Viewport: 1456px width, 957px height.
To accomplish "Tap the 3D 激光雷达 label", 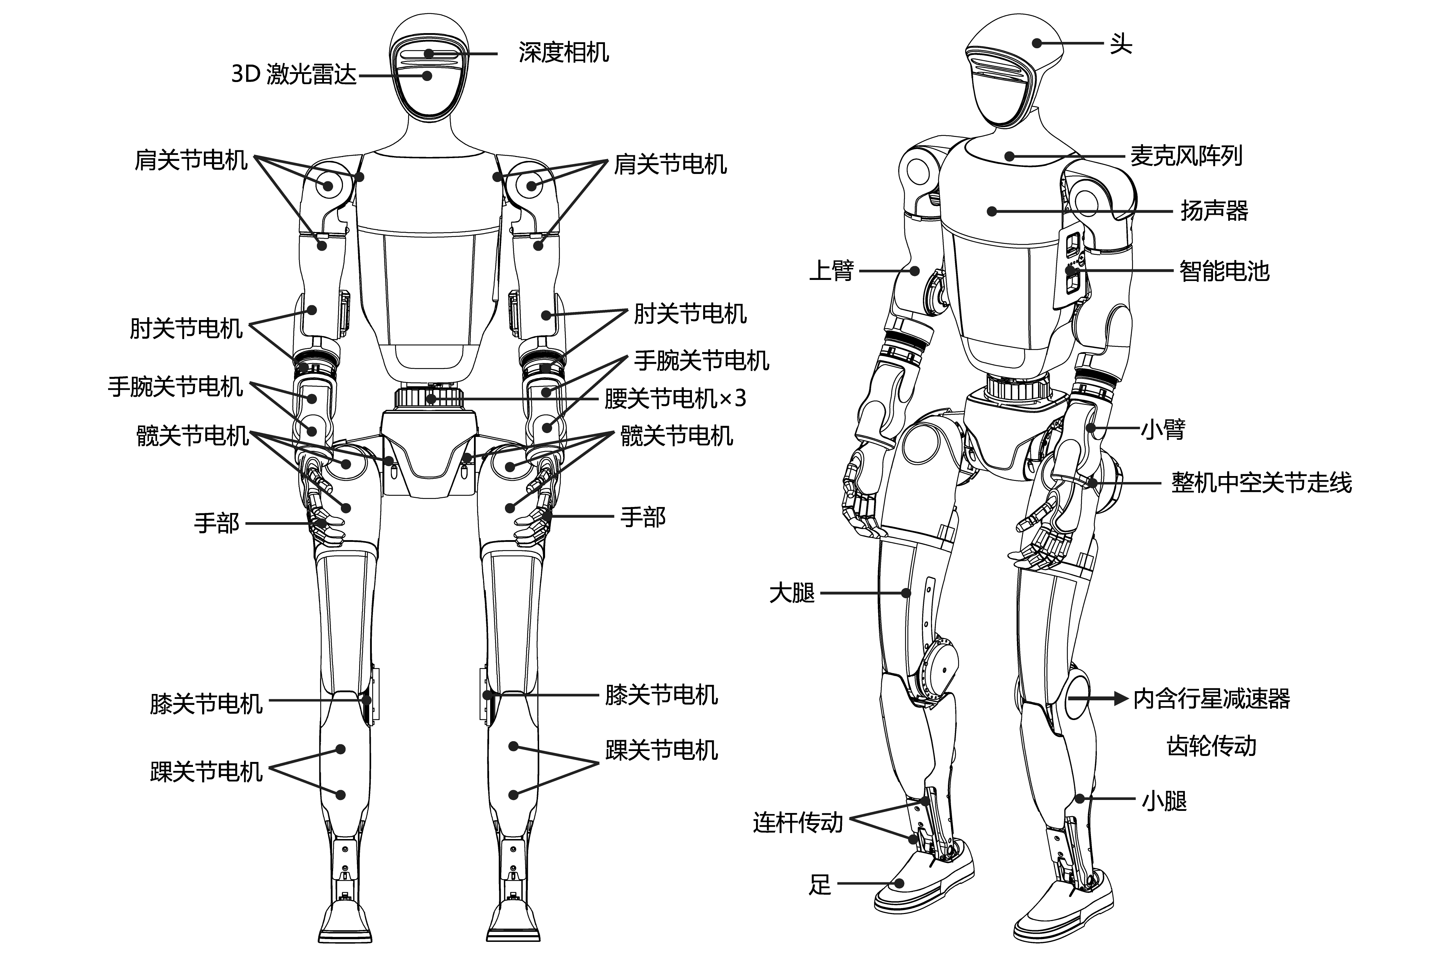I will click(294, 75).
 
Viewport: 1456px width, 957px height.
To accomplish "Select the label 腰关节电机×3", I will click(675, 399).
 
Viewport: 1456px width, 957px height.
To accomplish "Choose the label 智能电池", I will click(1224, 271).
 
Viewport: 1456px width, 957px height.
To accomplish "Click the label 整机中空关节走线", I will click(1262, 483).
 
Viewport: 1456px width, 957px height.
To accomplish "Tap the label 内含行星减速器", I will click(1211, 699).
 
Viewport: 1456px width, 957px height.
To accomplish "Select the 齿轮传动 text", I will click(1211, 746).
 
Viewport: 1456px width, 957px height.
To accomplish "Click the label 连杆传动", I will click(798, 823).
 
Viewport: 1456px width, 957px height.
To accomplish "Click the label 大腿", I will click(792, 593).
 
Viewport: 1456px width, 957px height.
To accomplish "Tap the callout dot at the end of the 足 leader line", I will click(899, 883).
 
